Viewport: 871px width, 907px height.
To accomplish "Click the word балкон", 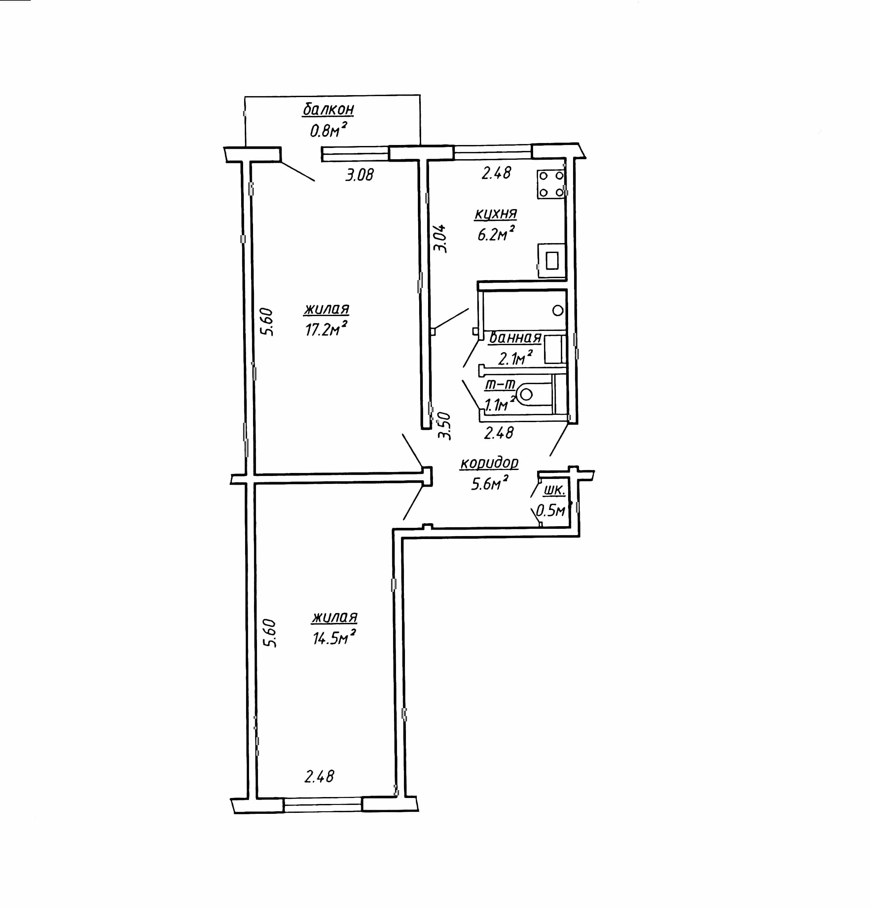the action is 328,110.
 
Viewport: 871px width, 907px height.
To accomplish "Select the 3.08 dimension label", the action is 360,174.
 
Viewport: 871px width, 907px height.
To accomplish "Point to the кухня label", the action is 496,214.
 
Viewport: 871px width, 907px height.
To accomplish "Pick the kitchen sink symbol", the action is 552,261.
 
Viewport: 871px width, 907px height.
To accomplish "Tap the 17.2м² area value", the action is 326,329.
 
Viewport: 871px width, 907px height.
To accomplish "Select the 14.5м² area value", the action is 334,637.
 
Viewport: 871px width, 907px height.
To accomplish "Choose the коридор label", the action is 489,463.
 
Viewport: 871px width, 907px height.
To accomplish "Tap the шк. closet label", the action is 554,490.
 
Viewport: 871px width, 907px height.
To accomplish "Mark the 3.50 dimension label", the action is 444,426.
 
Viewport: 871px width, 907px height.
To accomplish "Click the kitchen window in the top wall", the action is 492,152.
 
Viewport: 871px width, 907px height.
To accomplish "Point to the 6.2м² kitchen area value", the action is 496,234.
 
